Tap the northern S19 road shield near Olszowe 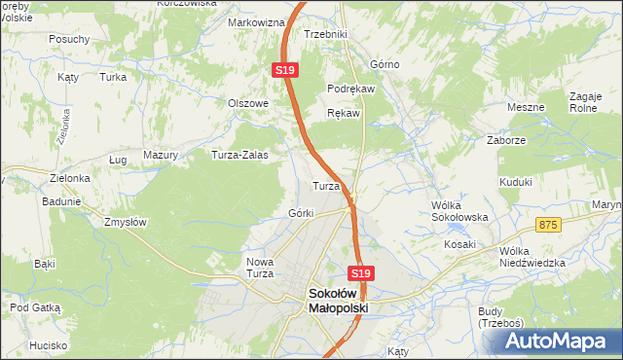(x=283, y=71)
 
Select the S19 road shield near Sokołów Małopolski (x=360, y=274)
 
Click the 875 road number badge (x=549, y=225)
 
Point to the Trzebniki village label (x=325, y=34)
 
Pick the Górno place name (x=385, y=65)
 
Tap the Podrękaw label (x=357, y=88)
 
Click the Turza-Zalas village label (x=240, y=155)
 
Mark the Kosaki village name (x=458, y=244)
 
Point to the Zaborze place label (x=506, y=140)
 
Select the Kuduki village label (x=515, y=182)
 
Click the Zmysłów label (x=125, y=222)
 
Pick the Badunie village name (x=60, y=202)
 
